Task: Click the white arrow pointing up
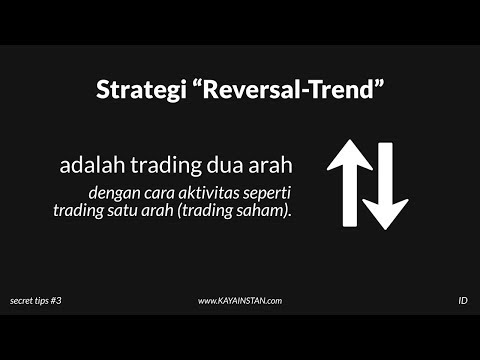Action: pyautogui.click(x=349, y=180)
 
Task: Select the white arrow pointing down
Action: pyautogui.click(x=385, y=186)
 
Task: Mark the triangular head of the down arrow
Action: pyautogui.click(x=385, y=213)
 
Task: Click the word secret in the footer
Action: pyautogui.click(x=25, y=300)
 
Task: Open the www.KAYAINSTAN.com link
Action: pyautogui.click(x=240, y=300)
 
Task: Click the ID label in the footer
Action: pyautogui.click(x=463, y=300)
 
